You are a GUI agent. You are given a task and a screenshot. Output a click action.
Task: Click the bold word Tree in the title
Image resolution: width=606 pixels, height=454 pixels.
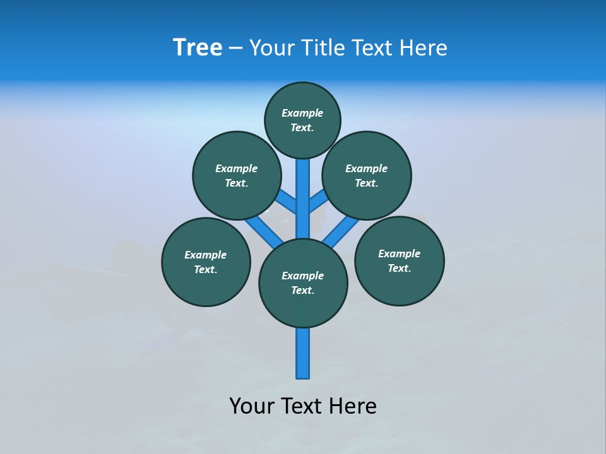[x=198, y=48]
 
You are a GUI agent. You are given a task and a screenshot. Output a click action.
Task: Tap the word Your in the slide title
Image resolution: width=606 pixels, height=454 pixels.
[x=271, y=48]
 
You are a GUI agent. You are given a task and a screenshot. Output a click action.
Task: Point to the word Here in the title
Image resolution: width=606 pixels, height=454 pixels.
[x=424, y=48]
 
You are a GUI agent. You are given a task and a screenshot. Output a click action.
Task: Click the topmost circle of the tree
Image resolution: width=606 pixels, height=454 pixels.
[x=302, y=120]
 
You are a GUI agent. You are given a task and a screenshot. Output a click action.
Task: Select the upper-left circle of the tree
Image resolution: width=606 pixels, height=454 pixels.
[x=237, y=175]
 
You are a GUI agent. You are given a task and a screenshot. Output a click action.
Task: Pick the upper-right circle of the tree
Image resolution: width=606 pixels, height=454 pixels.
[x=367, y=175]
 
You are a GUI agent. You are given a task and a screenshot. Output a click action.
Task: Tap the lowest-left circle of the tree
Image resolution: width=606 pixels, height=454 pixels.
[x=206, y=262]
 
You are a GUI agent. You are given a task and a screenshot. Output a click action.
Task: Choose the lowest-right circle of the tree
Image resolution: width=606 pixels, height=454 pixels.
[x=399, y=260]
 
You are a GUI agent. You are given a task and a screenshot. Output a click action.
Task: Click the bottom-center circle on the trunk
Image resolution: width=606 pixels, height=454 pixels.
[x=303, y=283]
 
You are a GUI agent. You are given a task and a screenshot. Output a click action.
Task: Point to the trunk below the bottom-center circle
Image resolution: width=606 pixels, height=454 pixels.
[x=303, y=353]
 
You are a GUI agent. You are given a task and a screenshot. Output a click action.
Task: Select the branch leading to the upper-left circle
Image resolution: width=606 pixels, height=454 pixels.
[x=287, y=202]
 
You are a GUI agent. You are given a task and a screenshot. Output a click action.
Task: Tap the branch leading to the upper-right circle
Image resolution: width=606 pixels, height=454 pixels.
[x=318, y=201]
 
